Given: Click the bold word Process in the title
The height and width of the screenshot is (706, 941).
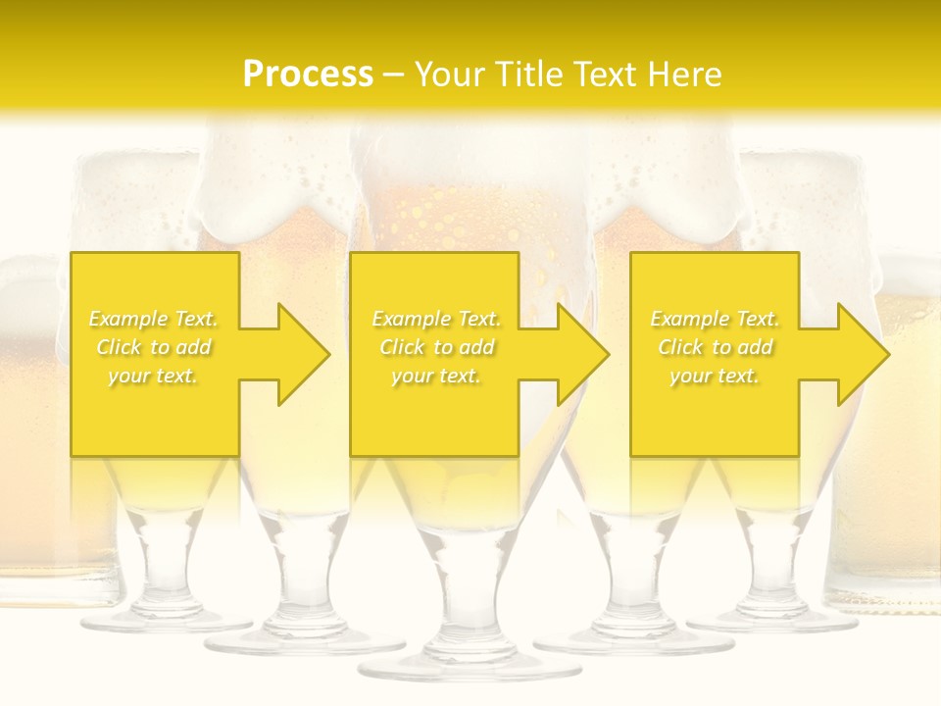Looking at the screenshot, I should [x=308, y=74].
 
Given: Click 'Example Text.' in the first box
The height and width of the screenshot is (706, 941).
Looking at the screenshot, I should [x=154, y=319].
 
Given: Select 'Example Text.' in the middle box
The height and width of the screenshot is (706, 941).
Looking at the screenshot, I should [x=436, y=319].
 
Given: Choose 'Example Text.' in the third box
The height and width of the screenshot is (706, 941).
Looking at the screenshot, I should [x=715, y=319].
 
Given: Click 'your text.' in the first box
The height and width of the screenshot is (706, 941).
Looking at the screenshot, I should [x=153, y=376].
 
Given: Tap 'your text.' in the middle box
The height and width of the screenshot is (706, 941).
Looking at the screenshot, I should [x=436, y=376].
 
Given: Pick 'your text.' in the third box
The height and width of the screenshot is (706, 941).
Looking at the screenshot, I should [x=715, y=376].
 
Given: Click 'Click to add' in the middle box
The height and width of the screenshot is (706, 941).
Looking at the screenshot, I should [x=436, y=347].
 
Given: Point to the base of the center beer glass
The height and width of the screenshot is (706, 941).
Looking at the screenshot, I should [x=456, y=666].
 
